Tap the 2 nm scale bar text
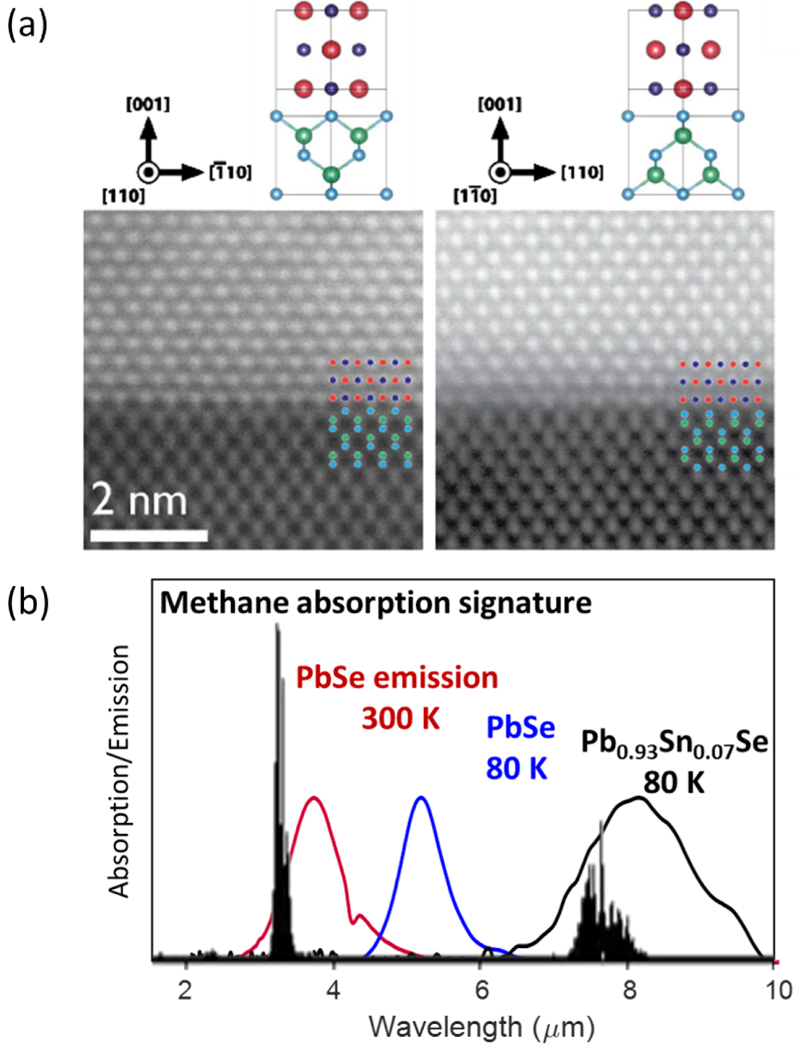[x=139, y=501]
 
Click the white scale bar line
[x=149, y=535]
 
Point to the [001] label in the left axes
[x=147, y=104]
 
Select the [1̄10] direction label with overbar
[x=230, y=171]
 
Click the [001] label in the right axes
[x=500, y=104]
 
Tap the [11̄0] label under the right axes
[x=474, y=196]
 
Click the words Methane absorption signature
[x=375, y=602]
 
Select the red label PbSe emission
[x=397, y=678]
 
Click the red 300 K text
[x=401, y=718]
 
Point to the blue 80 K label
[x=516, y=769]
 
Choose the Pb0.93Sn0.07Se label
[x=674, y=743]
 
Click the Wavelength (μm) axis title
[x=481, y=1026]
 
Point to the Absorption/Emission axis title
[x=120, y=772]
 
